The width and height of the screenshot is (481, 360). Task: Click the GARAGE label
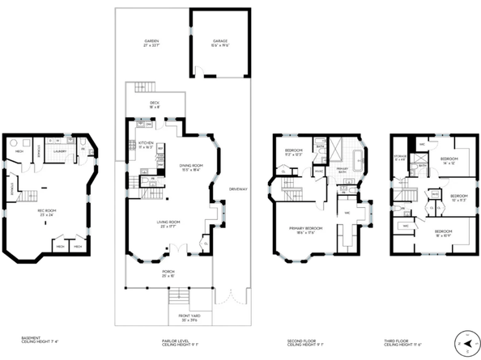220,40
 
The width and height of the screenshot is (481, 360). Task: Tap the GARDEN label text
151,42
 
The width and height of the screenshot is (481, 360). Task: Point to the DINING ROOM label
191,167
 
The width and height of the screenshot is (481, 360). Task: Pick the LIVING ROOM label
168,223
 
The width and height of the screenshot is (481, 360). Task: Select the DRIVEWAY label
238,189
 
